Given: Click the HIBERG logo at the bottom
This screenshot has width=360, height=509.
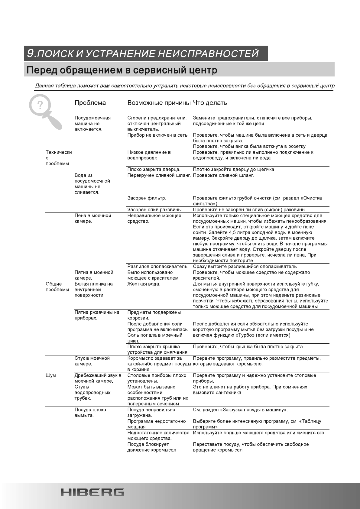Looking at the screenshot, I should click(x=92, y=492).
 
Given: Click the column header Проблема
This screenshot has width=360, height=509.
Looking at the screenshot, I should click(x=90, y=103).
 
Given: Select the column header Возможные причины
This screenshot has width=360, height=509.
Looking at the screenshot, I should click(x=159, y=103).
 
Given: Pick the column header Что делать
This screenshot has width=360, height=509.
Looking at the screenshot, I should click(x=210, y=103).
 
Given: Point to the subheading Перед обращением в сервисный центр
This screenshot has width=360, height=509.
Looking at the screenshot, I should click(x=122, y=70).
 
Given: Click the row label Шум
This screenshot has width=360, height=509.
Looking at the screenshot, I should click(x=51, y=375).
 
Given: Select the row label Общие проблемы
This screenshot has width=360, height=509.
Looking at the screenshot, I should click(x=57, y=287).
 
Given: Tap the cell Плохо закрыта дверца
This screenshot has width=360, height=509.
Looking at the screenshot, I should click(x=154, y=169).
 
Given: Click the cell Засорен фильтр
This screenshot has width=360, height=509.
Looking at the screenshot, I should click(x=147, y=198).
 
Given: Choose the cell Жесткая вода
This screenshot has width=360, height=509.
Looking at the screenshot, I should click(x=144, y=284).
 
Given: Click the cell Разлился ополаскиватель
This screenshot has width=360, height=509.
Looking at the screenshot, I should click(x=158, y=267).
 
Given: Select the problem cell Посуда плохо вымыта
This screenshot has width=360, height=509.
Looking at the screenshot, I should click(x=90, y=413).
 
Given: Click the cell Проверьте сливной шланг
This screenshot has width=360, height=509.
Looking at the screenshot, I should click(x=223, y=175).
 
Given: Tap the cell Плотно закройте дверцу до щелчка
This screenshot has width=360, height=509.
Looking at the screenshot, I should click(x=234, y=169).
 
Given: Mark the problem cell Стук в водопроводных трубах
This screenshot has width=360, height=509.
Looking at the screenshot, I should click(x=92, y=392).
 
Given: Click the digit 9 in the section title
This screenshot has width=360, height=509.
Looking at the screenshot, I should click(x=30, y=53).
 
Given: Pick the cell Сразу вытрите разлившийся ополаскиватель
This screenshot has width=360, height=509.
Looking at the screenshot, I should click(x=245, y=267).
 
